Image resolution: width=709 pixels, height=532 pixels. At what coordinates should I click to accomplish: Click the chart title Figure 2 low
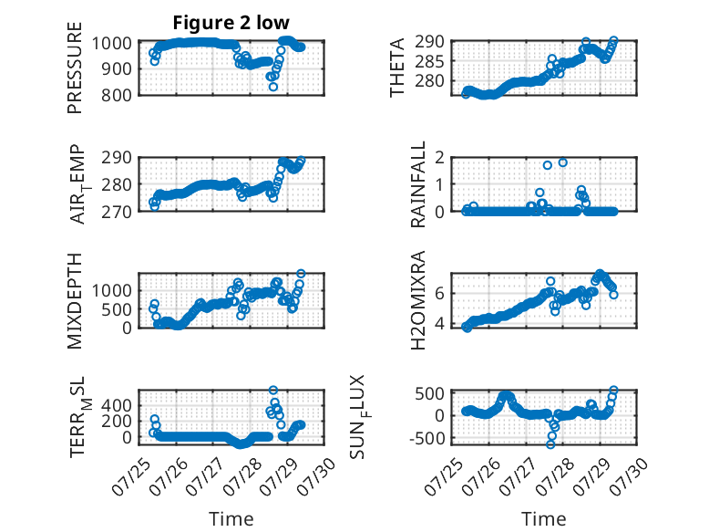(x=231, y=22)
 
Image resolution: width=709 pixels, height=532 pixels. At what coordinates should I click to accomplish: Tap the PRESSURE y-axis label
(x=75, y=68)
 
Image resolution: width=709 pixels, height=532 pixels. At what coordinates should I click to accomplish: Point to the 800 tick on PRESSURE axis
(x=117, y=96)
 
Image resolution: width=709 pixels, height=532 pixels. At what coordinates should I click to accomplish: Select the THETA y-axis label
(x=396, y=68)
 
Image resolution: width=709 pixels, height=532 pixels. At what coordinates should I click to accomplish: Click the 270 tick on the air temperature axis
(x=117, y=212)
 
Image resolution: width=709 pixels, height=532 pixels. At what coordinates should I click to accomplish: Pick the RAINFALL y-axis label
(x=417, y=183)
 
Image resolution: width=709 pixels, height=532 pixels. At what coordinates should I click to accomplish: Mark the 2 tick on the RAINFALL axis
(x=439, y=158)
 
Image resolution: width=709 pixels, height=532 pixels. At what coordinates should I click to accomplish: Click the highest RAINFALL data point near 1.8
(x=562, y=162)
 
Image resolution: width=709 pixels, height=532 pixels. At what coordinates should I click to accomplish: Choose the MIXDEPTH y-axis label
(x=75, y=300)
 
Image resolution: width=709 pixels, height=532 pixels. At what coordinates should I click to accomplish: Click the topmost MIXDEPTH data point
(x=301, y=274)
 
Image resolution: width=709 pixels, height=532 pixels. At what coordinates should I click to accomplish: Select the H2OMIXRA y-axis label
(x=417, y=299)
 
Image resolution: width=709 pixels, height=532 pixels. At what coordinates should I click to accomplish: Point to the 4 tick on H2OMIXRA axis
(x=439, y=324)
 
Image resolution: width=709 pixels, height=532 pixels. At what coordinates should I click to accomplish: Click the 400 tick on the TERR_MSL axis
(x=117, y=405)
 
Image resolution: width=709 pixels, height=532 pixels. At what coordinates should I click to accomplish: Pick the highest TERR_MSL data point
(x=273, y=390)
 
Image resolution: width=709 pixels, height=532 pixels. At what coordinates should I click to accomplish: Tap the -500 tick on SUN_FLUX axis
(x=426, y=438)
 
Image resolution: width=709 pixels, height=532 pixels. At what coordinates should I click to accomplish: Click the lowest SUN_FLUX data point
(x=550, y=444)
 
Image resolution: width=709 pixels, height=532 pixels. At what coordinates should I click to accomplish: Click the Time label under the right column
(x=543, y=518)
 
